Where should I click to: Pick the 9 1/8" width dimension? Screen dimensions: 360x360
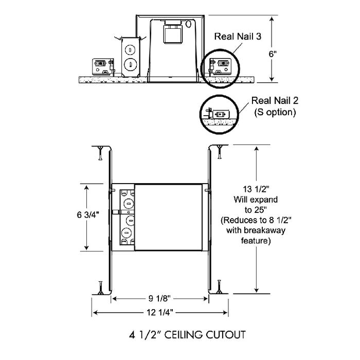click(160, 298)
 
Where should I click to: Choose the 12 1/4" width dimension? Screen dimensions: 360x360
click(160, 312)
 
